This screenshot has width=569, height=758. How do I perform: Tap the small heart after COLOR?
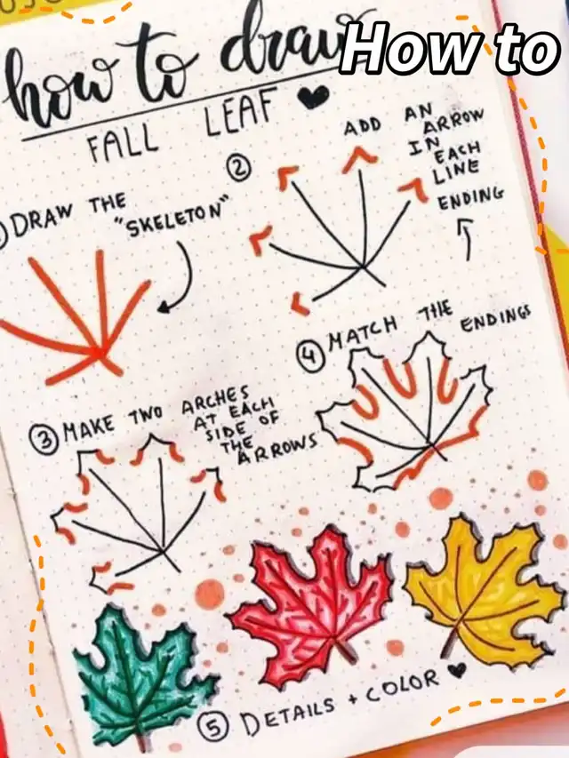[x=458, y=668]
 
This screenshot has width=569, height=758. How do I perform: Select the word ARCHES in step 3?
[x=216, y=403]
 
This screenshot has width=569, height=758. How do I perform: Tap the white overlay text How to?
[x=449, y=50]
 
